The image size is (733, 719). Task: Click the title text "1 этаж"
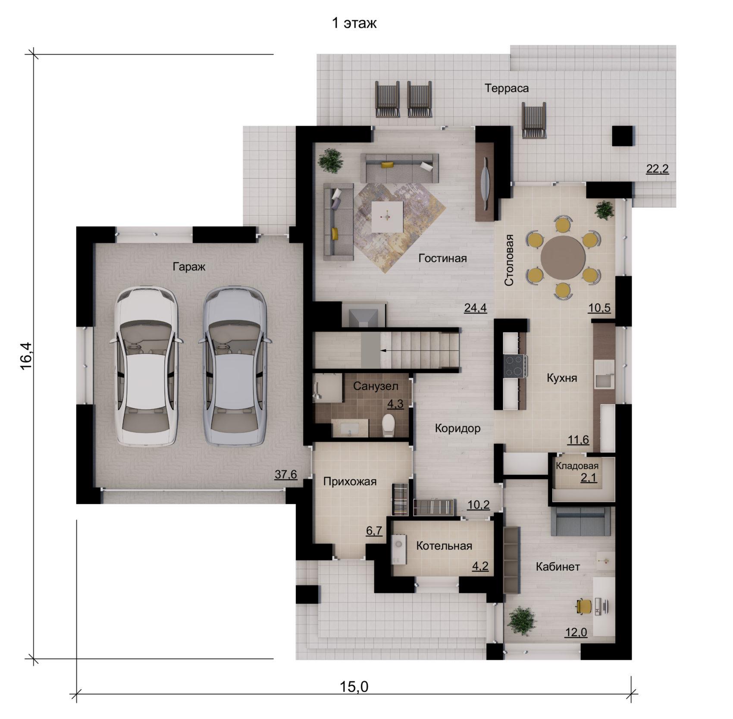(354, 23)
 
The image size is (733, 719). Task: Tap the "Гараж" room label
(189, 267)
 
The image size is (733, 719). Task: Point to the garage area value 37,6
(286, 474)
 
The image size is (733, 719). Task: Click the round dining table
(563, 257)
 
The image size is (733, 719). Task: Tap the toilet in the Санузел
(388, 425)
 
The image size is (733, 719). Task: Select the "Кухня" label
(562, 378)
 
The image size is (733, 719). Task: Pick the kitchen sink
(605, 374)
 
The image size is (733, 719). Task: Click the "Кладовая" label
(577, 466)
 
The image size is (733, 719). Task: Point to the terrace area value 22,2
(658, 169)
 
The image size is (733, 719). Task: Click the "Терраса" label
(507, 88)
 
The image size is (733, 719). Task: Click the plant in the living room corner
(331, 161)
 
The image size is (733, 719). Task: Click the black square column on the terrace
(623, 136)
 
